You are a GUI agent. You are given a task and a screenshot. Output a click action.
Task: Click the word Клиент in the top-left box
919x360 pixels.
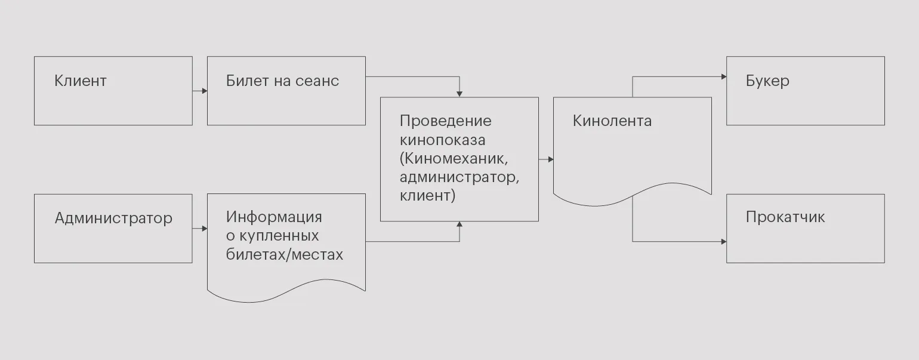(x=80, y=81)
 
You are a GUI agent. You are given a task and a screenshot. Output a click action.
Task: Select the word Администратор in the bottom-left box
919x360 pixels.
(x=113, y=218)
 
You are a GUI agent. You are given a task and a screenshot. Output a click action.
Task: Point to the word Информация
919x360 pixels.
(x=274, y=216)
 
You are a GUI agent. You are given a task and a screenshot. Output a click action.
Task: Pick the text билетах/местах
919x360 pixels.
(x=285, y=254)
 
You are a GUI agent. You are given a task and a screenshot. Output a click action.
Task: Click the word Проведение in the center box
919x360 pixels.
(x=445, y=121)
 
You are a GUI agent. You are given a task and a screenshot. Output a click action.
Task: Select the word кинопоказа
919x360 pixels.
(x=442, y=140)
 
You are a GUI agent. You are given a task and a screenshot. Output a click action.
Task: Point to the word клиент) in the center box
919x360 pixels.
(x=427, y=195)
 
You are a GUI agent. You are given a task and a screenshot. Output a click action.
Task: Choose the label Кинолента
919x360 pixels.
(x=612, y=121)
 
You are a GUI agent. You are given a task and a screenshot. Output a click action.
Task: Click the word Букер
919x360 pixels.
(x=767, y=81)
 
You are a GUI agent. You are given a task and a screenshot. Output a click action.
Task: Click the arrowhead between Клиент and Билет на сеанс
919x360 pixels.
(x=204, y=91)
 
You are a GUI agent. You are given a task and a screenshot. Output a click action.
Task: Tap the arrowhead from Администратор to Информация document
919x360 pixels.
(x=204, y=228)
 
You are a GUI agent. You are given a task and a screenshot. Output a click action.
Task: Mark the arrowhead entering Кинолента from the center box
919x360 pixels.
(x=550, y=159)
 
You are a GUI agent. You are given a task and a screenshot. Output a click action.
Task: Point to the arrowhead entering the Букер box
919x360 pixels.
(x=723, y=76)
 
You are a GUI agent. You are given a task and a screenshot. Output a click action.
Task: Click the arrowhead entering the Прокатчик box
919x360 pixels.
(x=723, y=242)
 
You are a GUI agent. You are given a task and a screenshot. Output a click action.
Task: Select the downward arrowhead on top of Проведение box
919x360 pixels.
(x=459, y=94)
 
